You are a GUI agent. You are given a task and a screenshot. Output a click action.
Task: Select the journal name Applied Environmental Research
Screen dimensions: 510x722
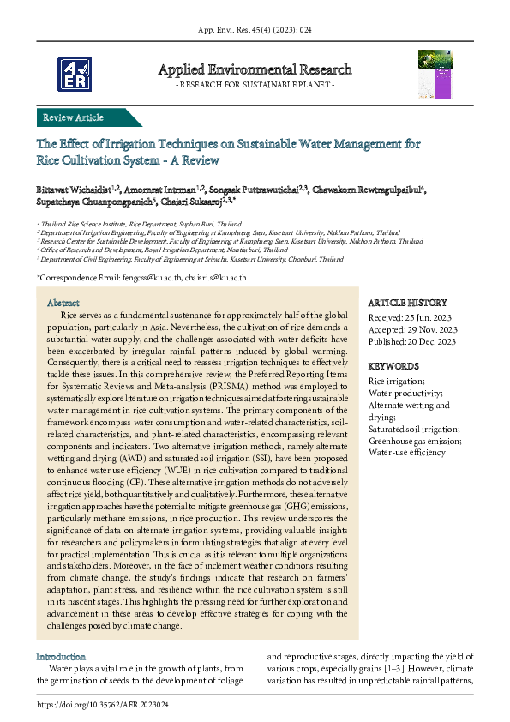255,69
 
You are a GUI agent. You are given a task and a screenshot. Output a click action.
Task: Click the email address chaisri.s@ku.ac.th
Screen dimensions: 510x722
215,278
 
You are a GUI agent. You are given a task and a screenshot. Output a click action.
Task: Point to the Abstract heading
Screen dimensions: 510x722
63,304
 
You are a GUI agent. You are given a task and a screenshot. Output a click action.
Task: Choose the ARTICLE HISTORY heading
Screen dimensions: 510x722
407,303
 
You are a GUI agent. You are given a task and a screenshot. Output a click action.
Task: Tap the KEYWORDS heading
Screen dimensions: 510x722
393,365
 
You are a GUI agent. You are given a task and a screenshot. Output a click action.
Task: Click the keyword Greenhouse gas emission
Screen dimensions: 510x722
413,440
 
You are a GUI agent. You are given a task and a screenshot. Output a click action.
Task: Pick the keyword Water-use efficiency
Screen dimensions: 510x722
406,452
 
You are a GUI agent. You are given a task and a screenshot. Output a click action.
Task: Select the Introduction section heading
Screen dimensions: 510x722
61,656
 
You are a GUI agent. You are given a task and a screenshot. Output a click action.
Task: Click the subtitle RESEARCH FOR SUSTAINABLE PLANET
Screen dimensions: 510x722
255,86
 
